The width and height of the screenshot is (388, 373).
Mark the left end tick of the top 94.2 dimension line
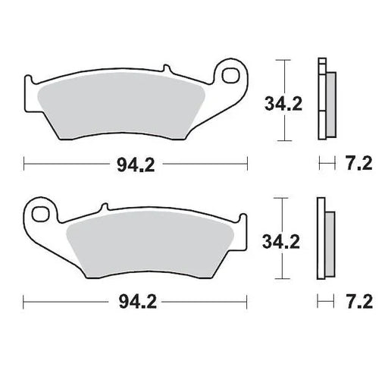25,163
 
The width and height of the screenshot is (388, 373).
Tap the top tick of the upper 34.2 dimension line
283,59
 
